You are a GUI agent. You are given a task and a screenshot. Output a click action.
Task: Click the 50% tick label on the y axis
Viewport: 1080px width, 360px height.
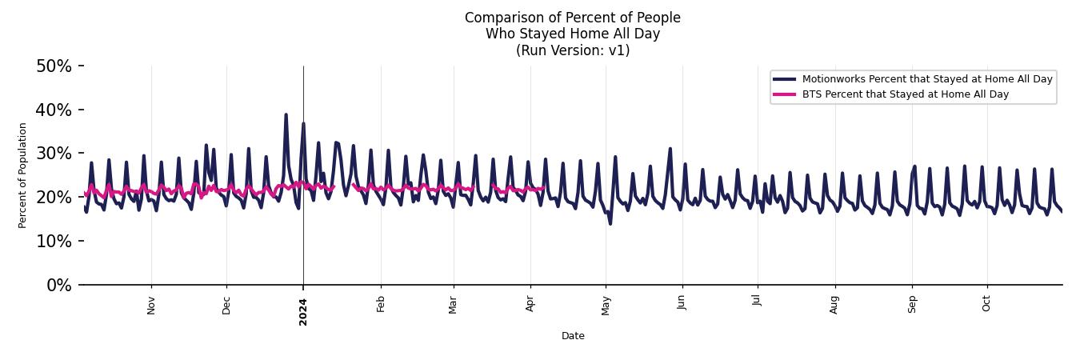pos(54,66)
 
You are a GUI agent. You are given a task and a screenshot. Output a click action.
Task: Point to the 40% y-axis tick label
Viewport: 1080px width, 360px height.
pos(54,110)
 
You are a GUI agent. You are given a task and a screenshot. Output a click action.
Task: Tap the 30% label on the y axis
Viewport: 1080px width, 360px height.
pos(54,154)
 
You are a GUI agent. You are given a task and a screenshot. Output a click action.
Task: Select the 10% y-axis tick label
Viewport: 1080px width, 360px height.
pos(54,241)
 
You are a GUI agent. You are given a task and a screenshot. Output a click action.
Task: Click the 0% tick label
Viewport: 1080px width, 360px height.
pos(58,285)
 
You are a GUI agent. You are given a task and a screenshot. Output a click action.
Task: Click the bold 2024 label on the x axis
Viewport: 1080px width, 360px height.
pos(303,307)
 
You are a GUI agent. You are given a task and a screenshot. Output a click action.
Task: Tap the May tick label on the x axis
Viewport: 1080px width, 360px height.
pos(606,305)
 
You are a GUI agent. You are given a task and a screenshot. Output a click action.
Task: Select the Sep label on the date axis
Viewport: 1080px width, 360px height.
pos(911,304)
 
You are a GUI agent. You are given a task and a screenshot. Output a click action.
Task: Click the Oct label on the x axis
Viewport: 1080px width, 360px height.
pos(986,303)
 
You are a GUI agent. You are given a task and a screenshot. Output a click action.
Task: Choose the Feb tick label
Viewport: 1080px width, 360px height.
pos(381,304)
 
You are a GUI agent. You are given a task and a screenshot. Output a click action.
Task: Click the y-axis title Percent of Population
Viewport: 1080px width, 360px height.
pos(23,175)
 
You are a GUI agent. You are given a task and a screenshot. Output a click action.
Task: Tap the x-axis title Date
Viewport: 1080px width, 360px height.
pos(573,336)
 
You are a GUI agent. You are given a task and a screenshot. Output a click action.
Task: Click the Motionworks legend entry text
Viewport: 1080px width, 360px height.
pos(927,79)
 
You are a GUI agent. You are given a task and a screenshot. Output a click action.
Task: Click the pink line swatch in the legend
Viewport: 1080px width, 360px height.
pos(784,94)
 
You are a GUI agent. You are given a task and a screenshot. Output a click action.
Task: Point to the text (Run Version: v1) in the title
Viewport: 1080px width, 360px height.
pos(573,50)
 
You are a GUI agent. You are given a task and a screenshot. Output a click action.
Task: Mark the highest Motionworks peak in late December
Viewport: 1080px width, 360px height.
pos(286,114)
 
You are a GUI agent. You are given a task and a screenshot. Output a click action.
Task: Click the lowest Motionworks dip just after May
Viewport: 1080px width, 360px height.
pos(610,223)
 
